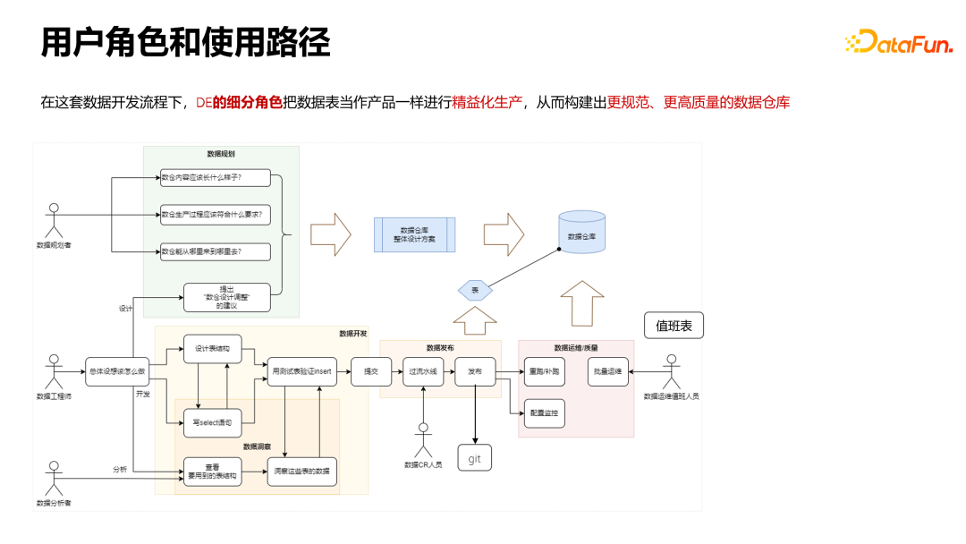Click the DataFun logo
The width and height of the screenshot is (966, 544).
pos(898,41)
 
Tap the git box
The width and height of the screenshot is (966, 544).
pos(474,457)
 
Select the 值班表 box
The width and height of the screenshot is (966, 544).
pos(674,326)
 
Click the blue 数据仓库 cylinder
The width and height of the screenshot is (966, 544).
pos(581,235)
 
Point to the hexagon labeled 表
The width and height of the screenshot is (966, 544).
pos(474,290)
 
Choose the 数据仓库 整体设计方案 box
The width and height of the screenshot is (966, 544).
pos(414,235)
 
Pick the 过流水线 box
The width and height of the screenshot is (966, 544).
pos(423,370)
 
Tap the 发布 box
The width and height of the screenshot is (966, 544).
pos(474,370)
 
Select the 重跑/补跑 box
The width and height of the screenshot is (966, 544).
pos(544,370)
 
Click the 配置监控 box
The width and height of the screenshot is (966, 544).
pos(544,414)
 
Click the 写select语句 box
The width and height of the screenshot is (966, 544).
pos(213,421)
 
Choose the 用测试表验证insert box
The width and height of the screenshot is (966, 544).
pos(303,370)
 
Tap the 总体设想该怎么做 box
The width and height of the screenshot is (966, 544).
pos(115,370)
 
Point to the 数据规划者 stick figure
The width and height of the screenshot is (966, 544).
pos(54,220)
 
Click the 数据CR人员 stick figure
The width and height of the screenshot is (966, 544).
pos(423,438)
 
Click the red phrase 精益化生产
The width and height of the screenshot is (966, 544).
pos(488,102)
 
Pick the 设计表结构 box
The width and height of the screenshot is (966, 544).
pos(213,349)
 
